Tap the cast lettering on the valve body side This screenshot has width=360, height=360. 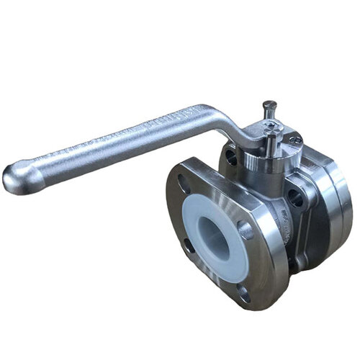284,216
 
